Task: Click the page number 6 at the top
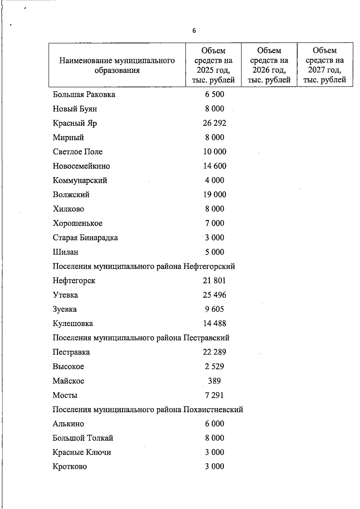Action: point(194,31)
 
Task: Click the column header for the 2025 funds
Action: point(213,65)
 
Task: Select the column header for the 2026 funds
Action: point(269,65)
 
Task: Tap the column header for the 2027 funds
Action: point(325,65)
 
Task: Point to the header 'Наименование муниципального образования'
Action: point(117,65)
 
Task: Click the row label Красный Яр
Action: point(75,123)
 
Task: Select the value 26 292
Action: point(214,123)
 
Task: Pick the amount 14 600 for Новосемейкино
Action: point(214,166)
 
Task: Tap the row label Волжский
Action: point(71,195)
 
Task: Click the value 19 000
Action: point(214,195)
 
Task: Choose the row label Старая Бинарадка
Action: point(85,238)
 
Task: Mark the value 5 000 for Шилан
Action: point(214,252)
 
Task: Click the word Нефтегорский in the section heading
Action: point(209,266)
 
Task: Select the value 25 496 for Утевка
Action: point(214,295)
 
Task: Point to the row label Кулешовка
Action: point(73,324)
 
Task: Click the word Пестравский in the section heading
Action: point(206,338)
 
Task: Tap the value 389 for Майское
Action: point(214,381)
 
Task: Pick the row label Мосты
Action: point(65,395)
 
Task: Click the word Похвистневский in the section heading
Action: point(213,409)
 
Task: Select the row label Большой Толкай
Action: point(83,438)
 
